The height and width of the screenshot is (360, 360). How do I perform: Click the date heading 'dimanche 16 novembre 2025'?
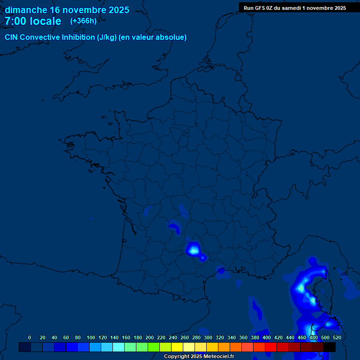click(67, 10)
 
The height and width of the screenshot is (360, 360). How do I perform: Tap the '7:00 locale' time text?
click(33, 21)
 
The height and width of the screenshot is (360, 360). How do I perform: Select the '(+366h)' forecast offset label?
click(83, 21)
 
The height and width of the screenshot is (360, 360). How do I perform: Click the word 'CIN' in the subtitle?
click(11, 37)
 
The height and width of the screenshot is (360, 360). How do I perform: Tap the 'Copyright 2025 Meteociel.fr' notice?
click(198, 357)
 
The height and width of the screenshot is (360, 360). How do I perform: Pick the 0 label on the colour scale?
click(30, 337)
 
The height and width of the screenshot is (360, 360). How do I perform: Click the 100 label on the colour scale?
click(91, 337)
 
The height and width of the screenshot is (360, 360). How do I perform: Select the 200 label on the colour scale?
click(150, 337)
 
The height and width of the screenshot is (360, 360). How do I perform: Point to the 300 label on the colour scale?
click(208, 337)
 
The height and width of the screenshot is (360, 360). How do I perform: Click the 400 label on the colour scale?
click(267, 337)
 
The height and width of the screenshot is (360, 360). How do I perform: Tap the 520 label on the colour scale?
click(337, 337)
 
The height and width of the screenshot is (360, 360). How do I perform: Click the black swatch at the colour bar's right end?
click(330, 347)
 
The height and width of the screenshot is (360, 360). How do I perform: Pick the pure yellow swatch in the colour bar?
click(177, 347)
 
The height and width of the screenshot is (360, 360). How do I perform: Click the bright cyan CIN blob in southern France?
click(193, 249)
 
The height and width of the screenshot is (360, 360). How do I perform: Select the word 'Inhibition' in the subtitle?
click(78, 37)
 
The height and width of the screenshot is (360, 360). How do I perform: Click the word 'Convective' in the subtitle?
click(40, 37)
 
